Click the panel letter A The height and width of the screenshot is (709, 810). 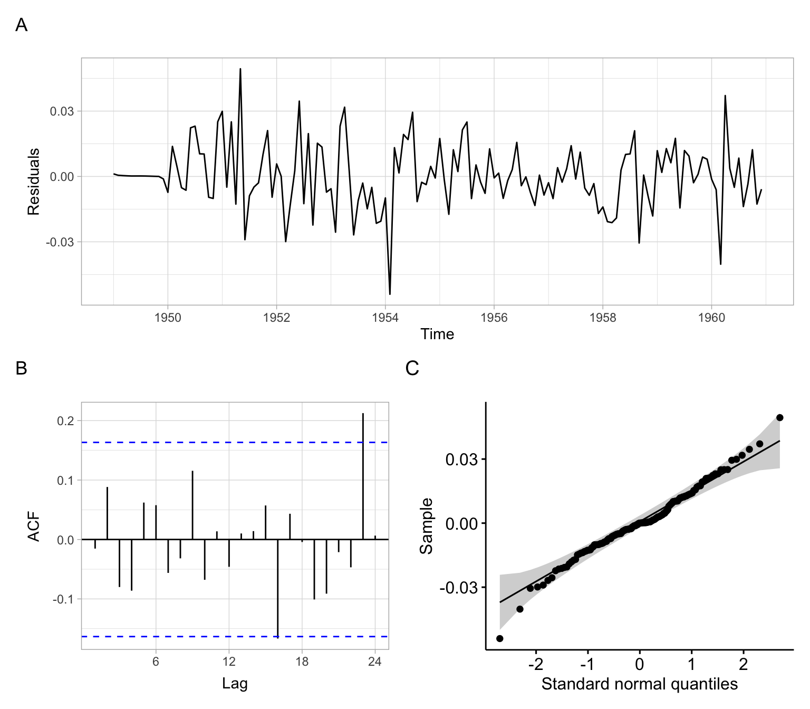21,25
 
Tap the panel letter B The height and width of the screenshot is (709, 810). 21,368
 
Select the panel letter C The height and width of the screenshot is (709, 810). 412,368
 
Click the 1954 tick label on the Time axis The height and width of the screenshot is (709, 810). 385,318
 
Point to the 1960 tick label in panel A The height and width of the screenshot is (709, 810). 711,318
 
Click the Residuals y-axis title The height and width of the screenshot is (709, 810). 34,181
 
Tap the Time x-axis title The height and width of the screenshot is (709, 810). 437,334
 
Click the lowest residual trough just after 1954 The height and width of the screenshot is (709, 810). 390,294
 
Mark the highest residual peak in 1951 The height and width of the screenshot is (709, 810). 240,69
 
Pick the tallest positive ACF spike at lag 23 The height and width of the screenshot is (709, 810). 363,422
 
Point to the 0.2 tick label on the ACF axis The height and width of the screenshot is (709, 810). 66,420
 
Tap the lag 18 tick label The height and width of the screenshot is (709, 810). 302,662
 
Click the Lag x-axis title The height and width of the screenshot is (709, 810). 235,684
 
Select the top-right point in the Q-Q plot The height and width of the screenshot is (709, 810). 780,418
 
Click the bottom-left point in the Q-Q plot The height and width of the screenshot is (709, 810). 500,638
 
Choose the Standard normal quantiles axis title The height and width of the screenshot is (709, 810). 639,684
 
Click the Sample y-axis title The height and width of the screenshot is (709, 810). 426,526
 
